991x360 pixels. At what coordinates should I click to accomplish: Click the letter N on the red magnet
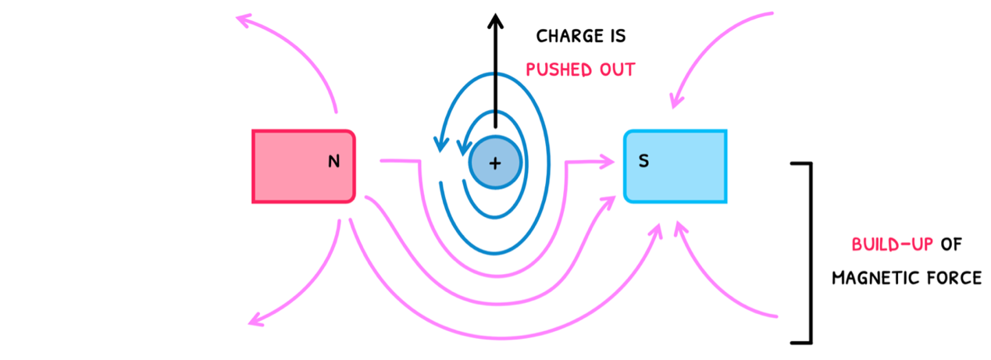point(334,162)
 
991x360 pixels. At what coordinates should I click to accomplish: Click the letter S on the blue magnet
point(643,162)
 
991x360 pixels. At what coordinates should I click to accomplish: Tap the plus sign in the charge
point(494,163)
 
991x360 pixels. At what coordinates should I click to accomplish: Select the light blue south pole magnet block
point(676,166)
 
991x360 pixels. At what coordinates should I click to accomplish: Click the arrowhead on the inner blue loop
point(464,145)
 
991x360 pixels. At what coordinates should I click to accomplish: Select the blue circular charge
point(494,162)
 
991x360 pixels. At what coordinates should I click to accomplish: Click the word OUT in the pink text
point(616,70)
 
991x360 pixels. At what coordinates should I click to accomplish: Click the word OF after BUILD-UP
point(951,244)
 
